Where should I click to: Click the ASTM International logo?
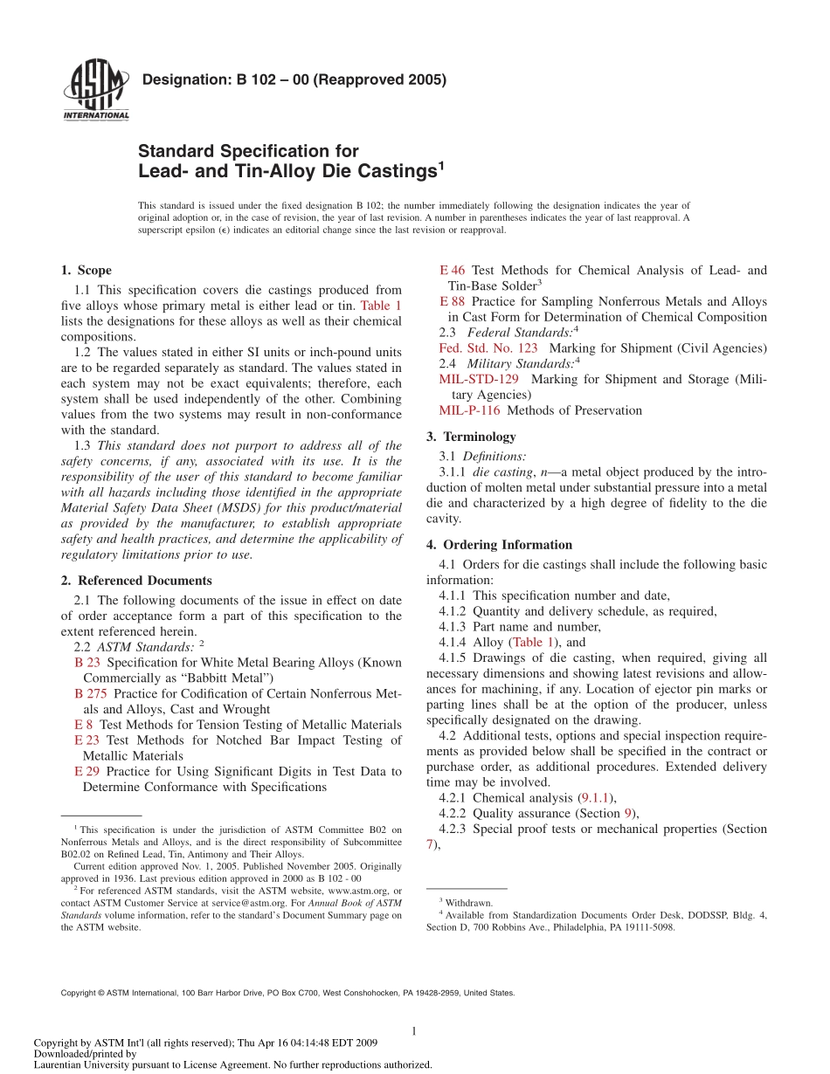95,88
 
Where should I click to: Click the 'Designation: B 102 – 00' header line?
294,80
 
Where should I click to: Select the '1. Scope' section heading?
86,271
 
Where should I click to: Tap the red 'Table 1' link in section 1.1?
381,306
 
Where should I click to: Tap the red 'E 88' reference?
452,301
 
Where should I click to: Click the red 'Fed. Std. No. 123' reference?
488,348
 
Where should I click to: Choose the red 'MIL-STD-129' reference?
479,380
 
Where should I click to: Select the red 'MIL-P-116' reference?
469,410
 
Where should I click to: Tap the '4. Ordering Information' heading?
499,545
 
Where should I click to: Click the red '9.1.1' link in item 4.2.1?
596,798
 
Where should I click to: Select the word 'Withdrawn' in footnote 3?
469,902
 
